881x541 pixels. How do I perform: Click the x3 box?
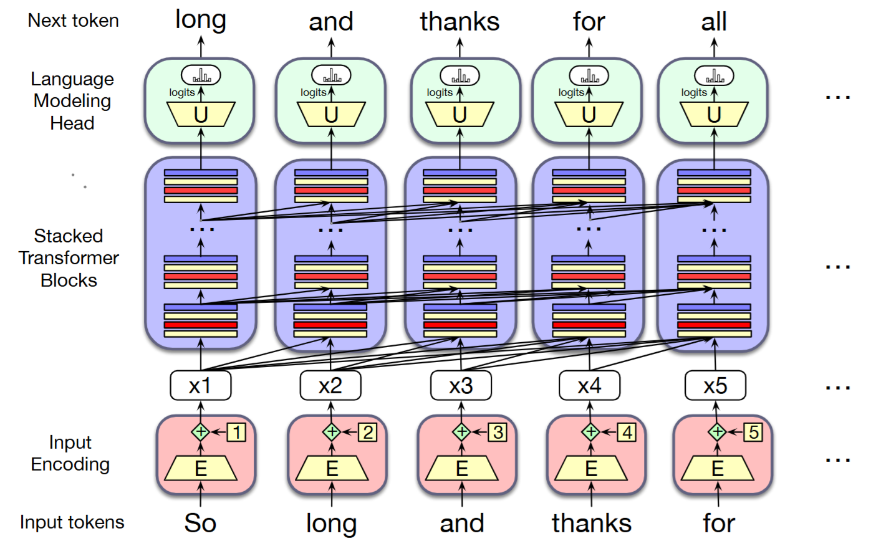tap(461, 386)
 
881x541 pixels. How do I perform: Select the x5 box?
tap(715, 386)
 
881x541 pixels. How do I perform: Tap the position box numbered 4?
tap(626, 432)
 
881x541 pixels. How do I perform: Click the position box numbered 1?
tap(236, 432)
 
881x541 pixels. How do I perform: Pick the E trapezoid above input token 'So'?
tap(201, 468)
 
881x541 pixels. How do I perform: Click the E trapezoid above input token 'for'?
tap(718, 468)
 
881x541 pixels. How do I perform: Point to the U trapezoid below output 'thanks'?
tap(460, 115)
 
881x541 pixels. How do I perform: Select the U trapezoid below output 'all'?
tap(714, 115)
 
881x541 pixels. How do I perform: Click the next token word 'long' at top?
tap(201, 20)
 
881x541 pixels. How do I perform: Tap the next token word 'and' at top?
tap(331, 22)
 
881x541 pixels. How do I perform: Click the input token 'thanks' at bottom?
tap(591, 523)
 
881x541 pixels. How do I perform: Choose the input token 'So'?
tap(200, 523)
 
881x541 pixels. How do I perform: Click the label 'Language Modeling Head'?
tap(72, 101)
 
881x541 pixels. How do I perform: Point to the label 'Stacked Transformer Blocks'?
tap(69, 258)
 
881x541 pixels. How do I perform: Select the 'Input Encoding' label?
tap(70, 453)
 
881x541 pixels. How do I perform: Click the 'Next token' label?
tap(73, 21)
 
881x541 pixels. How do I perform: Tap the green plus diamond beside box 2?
tap(332, 431)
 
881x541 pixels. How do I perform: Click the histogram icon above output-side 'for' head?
tap(589, 76)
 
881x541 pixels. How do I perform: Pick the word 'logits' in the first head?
tap(182, 93)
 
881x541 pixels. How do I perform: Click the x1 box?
tap(200, 386)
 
